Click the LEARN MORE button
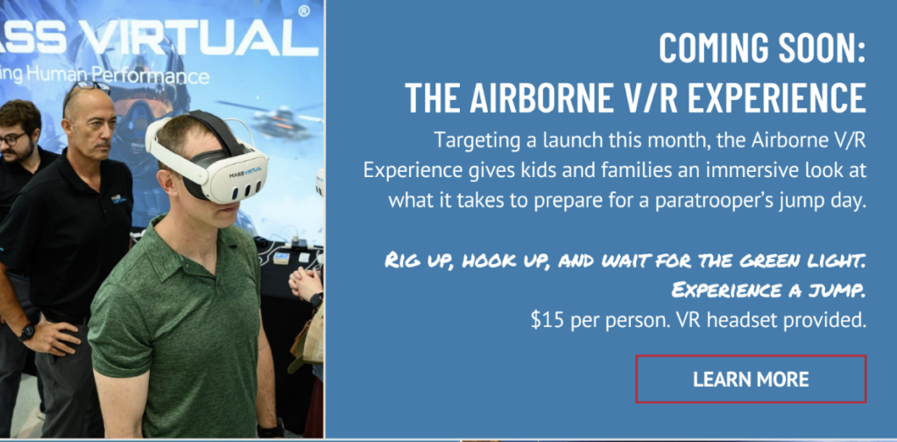pyautogui.click(x=751, y=379)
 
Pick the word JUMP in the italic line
pyautogui.click(x=841, y=291)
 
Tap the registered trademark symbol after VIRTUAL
pyautogui.click(x=304, y=11)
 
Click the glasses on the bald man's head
pyautogui.click(x=86, y=90)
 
